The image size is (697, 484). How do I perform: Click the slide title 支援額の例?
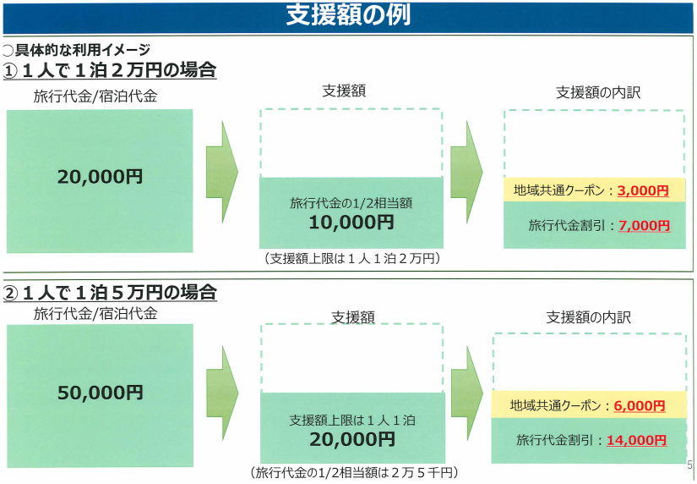pyautogui.click(x=348, y=15)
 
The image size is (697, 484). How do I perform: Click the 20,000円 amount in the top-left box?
pyautogui.click(x=100, y=177)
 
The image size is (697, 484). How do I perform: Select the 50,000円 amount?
pyautogui.click(x=101, y=393)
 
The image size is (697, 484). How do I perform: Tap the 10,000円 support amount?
pyautogui.click(x=351, y=223)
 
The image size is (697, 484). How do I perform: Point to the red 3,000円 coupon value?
pyautogui.click(x=643, y=191)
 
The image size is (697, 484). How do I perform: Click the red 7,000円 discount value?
pyautogui.click(x=644, y=226)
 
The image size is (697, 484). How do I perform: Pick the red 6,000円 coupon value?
pyautogui.click(x=640, y=405)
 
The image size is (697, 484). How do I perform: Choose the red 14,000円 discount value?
pyautogui.click(x=636, y=440)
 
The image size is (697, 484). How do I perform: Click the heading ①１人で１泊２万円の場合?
pyautogui.click(x=110, y=70)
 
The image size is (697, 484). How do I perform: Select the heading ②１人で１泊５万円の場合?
pyautogui.click(x=110, y=293)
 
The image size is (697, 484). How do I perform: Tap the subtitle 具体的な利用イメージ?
pyautogui.click(x=83, y=50)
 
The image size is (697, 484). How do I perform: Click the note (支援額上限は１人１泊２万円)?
pyautogui.click(x=351, y=258)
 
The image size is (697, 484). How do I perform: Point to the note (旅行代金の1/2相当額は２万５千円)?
pyautogui.click(x=354, y=472)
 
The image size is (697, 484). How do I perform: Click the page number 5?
pyautogui.click(x=689, y=465)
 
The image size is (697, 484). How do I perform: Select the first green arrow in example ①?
pyautogui.click(x=222, y=172)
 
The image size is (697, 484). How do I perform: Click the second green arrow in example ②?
pyautogui.click(x=467, y=393)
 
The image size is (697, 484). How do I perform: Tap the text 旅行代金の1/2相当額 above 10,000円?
pyautogui.click(x=351, y=203)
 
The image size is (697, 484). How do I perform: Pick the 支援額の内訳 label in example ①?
pyautogui.click(x=598, y=92)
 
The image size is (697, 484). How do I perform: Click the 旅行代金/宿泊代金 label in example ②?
pyautogui.click(x=95, y=313)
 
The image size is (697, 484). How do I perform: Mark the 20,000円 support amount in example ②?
pyautogui.click(x=352, y=439)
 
